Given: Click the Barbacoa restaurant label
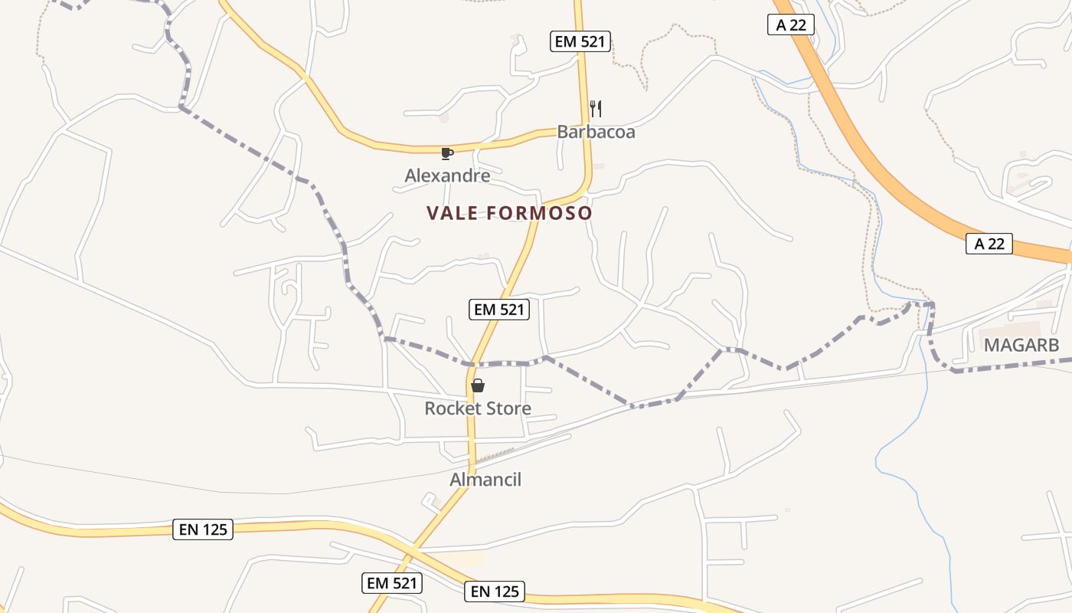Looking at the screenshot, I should [x=596, y=132].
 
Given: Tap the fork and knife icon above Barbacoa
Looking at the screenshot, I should [x=596, y=109].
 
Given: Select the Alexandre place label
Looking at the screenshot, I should [x=447, y=175].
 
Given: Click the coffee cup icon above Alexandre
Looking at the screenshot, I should [x=447, y=154].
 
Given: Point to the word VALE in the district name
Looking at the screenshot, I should [x=453, y=213].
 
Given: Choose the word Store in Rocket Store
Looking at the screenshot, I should [x=506, y=408].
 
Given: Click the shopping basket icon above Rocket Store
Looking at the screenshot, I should [x=478, y=385].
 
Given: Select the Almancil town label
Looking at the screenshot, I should [x=485, y=480].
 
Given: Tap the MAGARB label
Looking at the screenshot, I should [x=1021, y=345].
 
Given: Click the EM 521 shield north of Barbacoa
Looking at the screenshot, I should [x=580, y=41].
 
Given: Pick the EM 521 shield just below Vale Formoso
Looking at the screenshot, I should [x=498, y=310].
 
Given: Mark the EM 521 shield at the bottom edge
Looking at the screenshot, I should [x=391, y=583].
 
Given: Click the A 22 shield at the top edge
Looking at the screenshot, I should [x=790, y=25].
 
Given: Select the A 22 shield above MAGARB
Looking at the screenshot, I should [x=989, y=244].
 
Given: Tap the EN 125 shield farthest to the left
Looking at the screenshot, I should [x=202, y=529].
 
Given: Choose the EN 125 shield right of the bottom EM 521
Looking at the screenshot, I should [x=494, y=591].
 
